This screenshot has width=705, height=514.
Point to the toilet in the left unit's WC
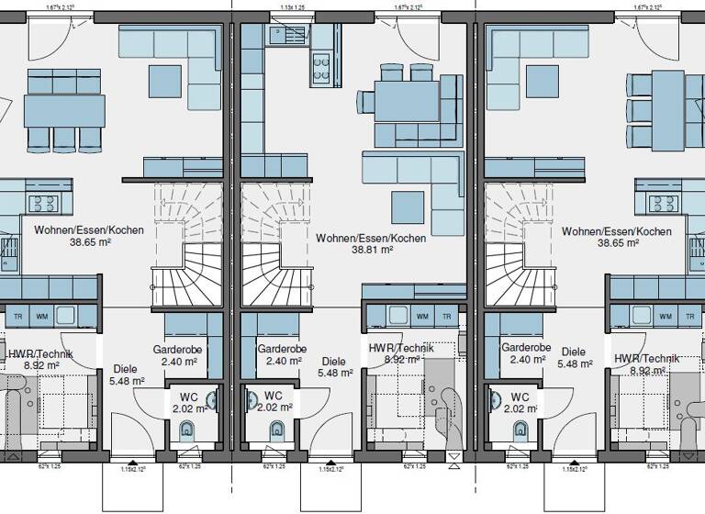[x=189, y=430]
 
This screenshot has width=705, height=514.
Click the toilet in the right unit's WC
[x=521, y=430]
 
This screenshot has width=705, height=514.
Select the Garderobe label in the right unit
[x=526, y=348]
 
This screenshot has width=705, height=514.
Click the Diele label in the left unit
[x=126, y=369]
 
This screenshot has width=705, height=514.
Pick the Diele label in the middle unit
[x=334, y=362]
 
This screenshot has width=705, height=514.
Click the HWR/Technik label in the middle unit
[x=401, y=348]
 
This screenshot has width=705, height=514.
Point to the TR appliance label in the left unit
[x=18, y=317]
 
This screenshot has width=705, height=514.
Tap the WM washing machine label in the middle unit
[x=422, y=317]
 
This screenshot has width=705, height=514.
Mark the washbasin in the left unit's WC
[x=212, y=400]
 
